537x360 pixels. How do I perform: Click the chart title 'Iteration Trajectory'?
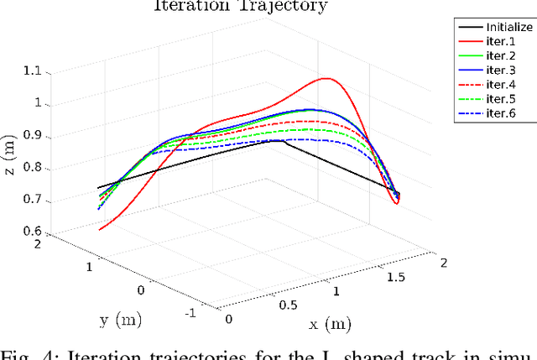pyautogui.click(x=240, y=6)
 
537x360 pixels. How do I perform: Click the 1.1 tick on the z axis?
pyautogui.click(x=33, y=72)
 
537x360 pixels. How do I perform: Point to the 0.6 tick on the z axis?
pyautogui.click(x=33, y=232)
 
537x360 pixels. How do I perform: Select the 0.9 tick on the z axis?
pyautogui.click(x=33, y=136)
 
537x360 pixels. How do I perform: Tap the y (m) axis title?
pyautogui.click(x=111, y=320)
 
